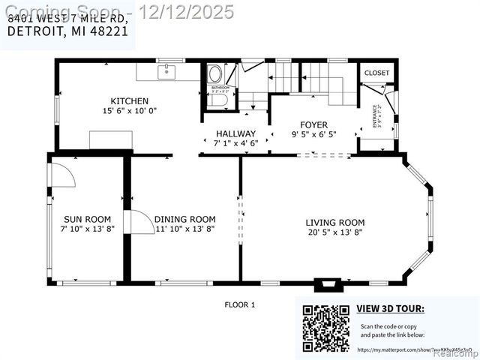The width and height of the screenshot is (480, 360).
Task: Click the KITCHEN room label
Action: click(x=130, y=100)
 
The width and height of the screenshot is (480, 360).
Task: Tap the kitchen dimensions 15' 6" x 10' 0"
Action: click(x=130, y=110)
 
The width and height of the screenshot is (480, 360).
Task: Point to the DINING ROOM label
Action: click(x=184, y=219)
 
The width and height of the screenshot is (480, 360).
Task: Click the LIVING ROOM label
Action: click(x=334, y=222)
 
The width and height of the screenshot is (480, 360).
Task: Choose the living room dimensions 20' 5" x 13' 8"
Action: click(x=334, y=232)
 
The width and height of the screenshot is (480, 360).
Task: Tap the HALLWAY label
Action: click(x=235, y=133)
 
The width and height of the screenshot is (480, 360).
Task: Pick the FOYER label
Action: click(x=313, y=124)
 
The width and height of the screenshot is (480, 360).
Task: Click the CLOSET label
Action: click(x=376, y=73)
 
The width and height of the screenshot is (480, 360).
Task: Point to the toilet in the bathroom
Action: click(x=214, y=73)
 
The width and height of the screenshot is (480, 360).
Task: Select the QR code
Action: click(x=325, y=328)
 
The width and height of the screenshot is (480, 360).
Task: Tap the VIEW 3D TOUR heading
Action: click(x=390, y=308)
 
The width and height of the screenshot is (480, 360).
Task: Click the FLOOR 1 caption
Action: click(x=240, y=304)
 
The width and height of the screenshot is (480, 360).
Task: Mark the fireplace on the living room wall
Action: click(x=327, y=285)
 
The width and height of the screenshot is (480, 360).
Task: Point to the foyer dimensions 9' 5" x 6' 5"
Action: click(x=313, y=134)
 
